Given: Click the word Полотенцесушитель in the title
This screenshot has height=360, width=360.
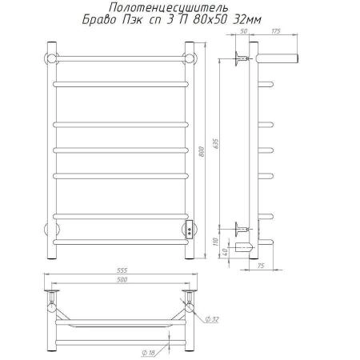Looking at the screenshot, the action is point(168,8).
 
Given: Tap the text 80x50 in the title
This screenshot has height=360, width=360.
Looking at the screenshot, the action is point(211,20).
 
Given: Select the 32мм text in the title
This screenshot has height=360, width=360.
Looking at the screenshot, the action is point(247,20).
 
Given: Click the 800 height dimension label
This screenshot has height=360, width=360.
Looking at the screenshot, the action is point(202,151).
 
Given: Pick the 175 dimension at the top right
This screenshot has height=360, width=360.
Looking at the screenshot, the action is point(276,31).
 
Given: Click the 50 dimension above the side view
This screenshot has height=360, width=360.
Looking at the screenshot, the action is point(243,31).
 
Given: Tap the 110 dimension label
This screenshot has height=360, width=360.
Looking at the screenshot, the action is point(215,242).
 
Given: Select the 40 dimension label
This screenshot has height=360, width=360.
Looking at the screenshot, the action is point(225,251).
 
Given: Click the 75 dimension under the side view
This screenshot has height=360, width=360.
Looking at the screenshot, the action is point(261,266).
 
